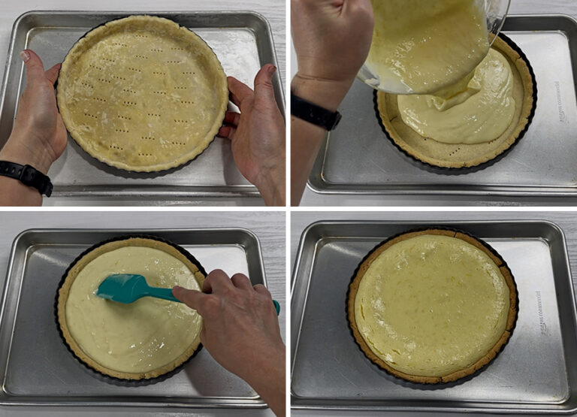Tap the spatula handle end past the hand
point(276,306)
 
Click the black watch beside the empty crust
point(27,177)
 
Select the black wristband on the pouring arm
point(315,113)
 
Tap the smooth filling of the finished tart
point(432,304)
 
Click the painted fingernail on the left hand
point(25,56)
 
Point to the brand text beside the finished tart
point(542,313)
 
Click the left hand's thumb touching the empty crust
point(51,75)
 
